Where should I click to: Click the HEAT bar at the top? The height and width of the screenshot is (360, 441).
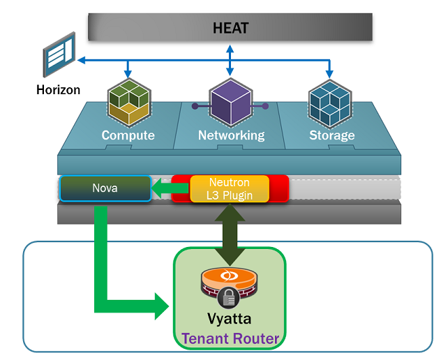pos(230,28)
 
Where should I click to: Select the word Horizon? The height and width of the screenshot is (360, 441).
pos(59,90)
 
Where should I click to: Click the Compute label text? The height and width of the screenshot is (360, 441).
pos(128,135)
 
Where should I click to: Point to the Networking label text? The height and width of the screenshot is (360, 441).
pos(231,135)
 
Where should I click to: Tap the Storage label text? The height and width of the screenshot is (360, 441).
pos(332,135)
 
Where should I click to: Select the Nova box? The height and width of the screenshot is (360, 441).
pos(105,188)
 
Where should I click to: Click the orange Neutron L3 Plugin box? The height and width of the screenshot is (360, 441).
pos(230,188)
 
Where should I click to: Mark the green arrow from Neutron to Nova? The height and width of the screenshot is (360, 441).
pos(170,188)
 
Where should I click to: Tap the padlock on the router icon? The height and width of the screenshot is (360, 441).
pos(230,298)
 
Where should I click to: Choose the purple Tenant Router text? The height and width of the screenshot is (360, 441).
pos(230,339)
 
